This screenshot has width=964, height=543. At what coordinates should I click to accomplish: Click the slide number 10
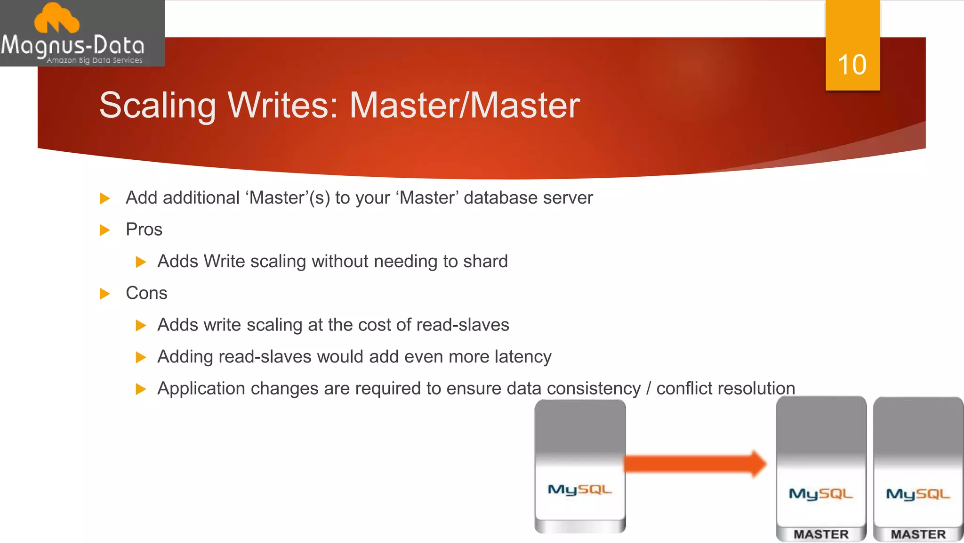tap(852, 65)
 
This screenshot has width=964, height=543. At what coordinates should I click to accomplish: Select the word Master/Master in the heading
tap(465, 105)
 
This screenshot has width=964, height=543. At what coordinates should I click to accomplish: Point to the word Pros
tap(144, 230)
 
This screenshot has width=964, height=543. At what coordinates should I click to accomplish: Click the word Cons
tap(146, 293)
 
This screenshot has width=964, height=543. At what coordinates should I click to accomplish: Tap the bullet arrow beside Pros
tap(104, 230)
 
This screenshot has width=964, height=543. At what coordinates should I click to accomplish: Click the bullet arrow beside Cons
tap(104, 294)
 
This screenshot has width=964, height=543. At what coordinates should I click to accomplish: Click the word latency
tap(523, 357)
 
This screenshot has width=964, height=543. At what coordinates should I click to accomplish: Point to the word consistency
tap(594, 388)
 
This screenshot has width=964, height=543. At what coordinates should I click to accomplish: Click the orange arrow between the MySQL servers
tap(695, 464)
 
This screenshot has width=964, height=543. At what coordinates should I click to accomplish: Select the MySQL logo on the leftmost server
tap(580, 490)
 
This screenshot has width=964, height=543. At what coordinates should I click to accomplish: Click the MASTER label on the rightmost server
tap(918, 534)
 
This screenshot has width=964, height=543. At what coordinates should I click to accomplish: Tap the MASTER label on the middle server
tap(821, 534)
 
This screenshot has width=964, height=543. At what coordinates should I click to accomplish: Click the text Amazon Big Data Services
tap(94, 60)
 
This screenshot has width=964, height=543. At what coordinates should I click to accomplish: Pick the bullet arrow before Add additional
tap(104, 198)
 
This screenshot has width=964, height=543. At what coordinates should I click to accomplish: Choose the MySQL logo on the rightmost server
tap(918, 494)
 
